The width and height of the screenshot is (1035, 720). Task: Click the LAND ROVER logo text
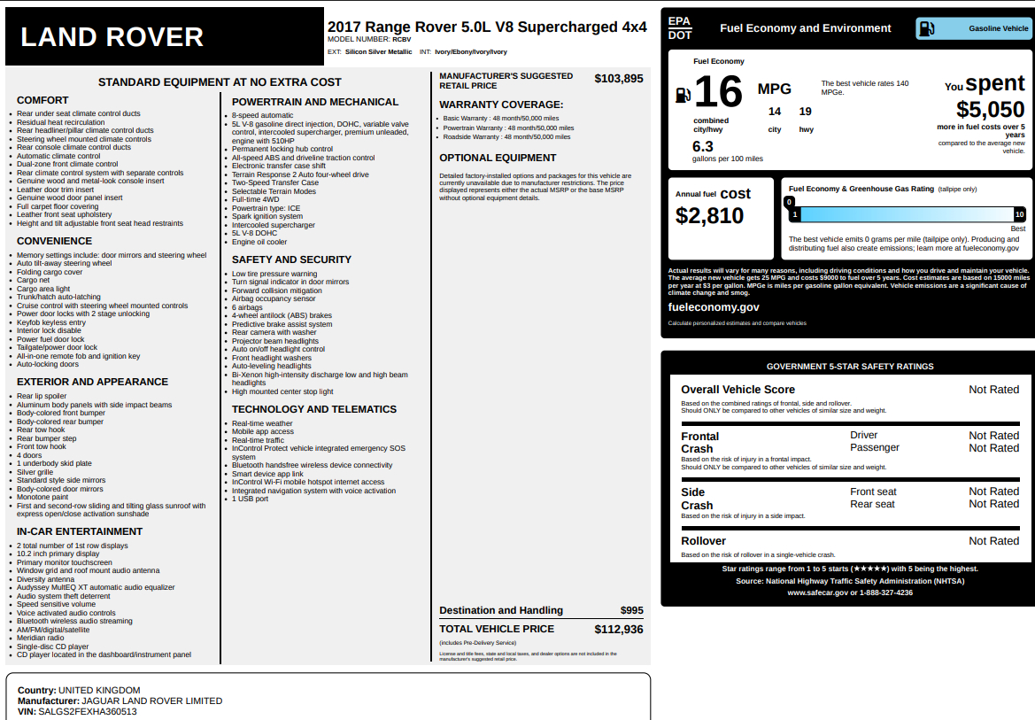click(x=112, y=37)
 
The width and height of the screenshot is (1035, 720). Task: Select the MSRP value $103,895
click(x=618, y=79)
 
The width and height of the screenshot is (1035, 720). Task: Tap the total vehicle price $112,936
click(x=618, y=630)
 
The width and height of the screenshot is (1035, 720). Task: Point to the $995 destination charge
click(x=631, y=610)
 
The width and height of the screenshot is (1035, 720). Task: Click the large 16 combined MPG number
click(x=718, y=93)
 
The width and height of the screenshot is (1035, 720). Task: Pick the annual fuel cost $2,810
click(x=709, y=216)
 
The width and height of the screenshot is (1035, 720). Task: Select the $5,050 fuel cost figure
click(x=990, y=110)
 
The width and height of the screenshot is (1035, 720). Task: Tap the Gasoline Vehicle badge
click(x=974, y=28)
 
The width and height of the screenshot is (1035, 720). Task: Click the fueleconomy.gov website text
click(x=714, y=307)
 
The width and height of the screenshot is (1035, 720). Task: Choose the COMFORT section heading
click(x=42, y=100)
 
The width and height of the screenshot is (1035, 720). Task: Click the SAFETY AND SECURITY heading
click(x=291, y=259)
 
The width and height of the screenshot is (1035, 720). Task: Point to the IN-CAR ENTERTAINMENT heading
click(x=80, y=531)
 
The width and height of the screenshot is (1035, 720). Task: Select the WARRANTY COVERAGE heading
click(x=500, y=105)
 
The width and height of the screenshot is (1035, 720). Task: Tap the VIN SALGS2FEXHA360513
click(x=88, y=711)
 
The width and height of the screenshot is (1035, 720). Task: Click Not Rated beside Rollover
click(x=993, y=541)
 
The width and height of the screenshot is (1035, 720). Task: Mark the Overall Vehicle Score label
click(x=738, y=390)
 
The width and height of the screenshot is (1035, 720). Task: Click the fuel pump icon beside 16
click(x=683, y=94)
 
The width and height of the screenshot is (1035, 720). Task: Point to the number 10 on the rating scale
click(x=1019, y=214)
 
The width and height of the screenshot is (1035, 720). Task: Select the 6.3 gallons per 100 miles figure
click(x=703, y=146)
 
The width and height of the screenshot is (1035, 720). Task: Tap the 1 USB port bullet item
click(x=251, y=499)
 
